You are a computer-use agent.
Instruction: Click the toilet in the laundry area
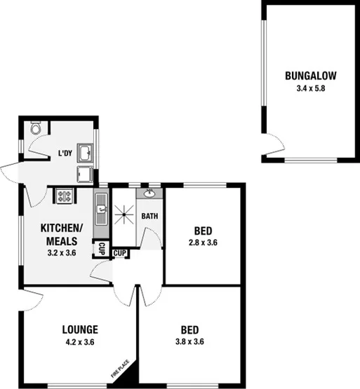pos(36,128)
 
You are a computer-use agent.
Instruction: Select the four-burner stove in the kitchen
pos(63,196)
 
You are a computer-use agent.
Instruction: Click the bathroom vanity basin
pos(149,194)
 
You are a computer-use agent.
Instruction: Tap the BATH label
pos(149,216)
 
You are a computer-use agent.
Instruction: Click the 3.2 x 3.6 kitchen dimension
pos(61,252)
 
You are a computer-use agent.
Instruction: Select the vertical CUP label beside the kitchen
pos(102,249)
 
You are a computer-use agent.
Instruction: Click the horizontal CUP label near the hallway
pos(121,253)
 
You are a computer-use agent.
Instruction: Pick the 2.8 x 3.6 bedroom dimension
pos(204,243)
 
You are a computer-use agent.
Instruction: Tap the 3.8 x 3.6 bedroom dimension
pos(189,342)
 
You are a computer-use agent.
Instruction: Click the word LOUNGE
pos(79,329)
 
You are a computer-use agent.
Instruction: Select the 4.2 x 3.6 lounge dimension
pos(79,342)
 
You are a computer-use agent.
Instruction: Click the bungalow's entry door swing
pos(265,149)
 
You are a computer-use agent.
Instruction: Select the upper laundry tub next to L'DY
pos(86,153)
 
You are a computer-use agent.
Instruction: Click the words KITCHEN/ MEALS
pos(61,235)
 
